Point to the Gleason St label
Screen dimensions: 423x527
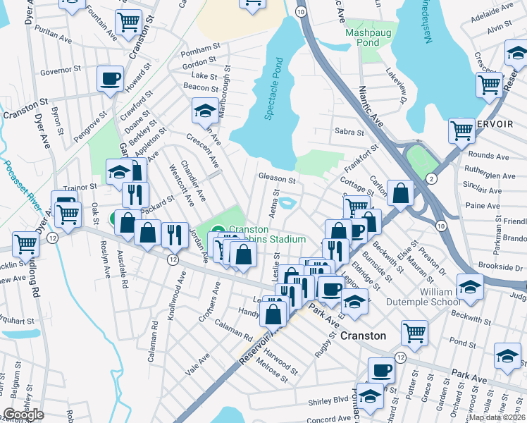pyautogui.click(x=276, y=180)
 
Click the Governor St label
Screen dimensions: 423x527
pyautogui.click(x=61, y=71)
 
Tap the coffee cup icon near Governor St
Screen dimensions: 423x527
pyautogui.click(x=110, y=78)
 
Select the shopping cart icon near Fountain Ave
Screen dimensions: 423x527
pyautogui.click(x=128, y=22)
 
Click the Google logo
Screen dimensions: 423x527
pyautogui.click(x=23, y=415)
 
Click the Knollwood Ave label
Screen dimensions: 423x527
pyautogui.click(x=176, y=302)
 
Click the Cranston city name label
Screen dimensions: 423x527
pyautogui.click(x=364, y=336)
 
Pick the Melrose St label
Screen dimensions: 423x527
pyautogui.click(x=273, y=370)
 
